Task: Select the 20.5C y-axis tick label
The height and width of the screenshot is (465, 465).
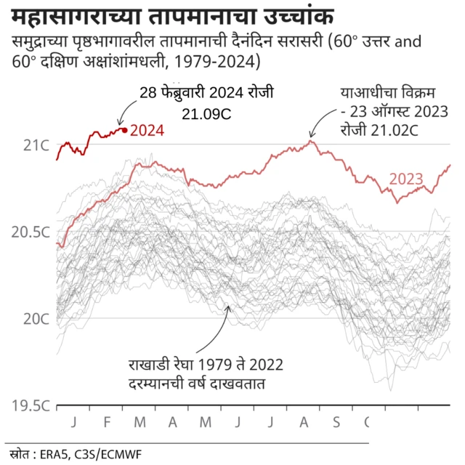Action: tap(30, 232)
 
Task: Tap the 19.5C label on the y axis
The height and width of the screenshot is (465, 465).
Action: tap(30, 405)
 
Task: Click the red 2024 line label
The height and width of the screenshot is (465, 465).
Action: tap(147, 132)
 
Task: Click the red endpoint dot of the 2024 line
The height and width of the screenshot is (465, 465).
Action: tap(125, 130)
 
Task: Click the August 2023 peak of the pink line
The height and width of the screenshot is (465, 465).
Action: tap(311, 140)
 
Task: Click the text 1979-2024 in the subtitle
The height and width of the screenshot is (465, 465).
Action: tap(217, 60)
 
